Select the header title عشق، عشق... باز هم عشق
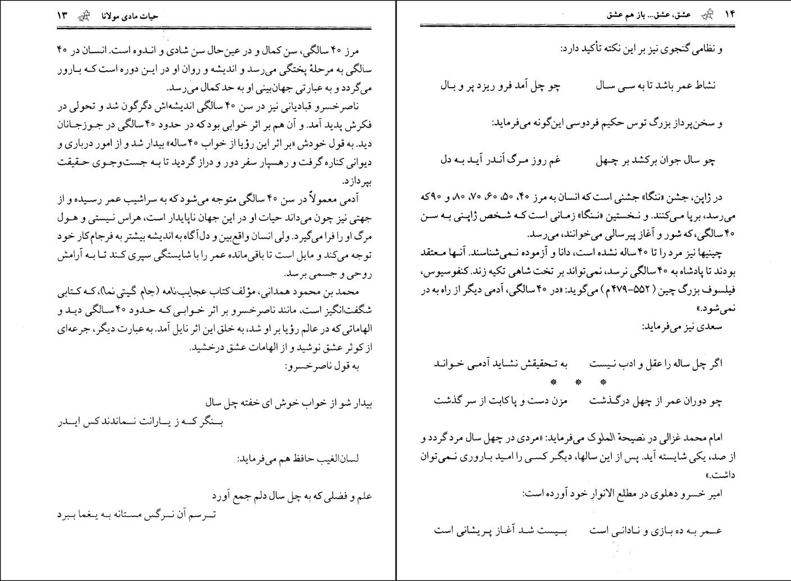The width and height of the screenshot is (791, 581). pyautogui.click(x=651, y=16)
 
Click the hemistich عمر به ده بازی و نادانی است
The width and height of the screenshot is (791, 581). pyautogui.click(x=656, y=530)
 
